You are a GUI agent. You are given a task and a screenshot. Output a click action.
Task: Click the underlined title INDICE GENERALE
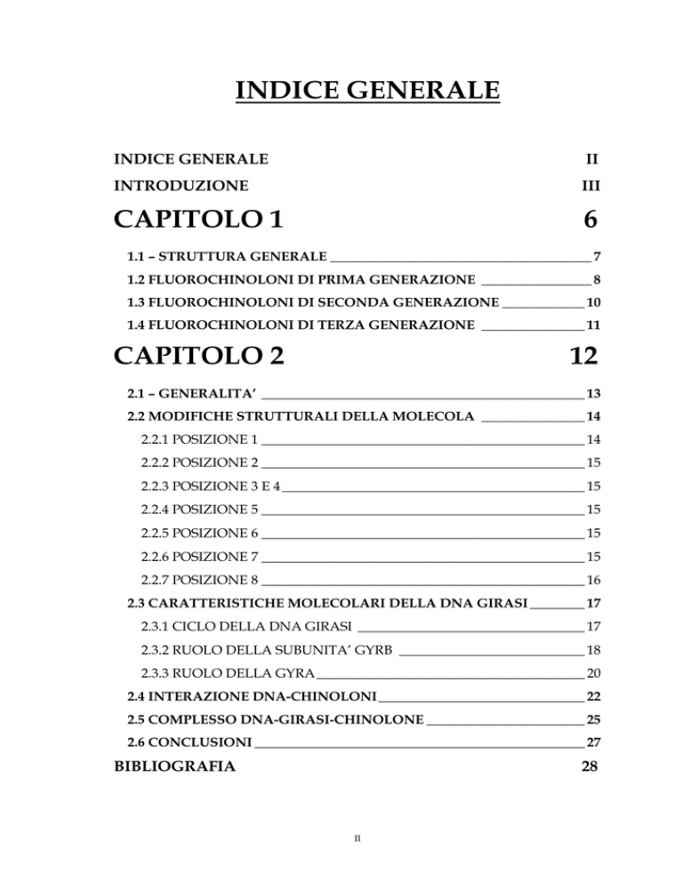[341, 92]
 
